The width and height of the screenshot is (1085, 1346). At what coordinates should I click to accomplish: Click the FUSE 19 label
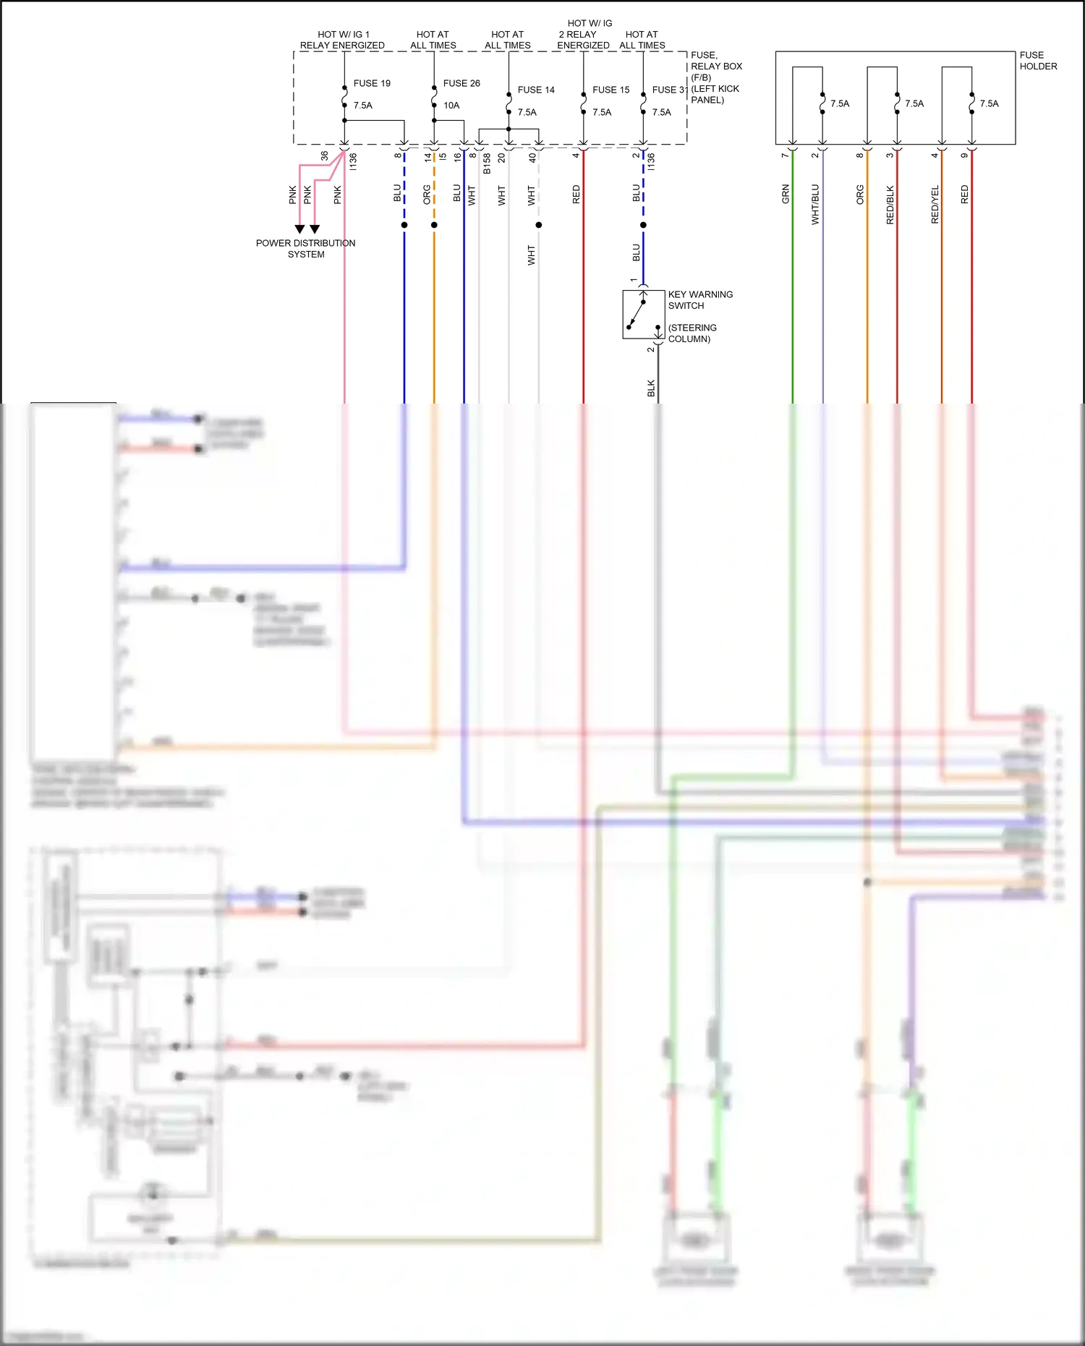tap(372, 83)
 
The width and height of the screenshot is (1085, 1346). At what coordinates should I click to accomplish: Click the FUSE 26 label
tap(461, 83)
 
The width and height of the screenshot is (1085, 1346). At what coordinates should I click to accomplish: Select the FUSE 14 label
tap(536, 90)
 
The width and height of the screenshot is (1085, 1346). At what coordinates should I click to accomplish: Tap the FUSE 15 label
tap(610, 90)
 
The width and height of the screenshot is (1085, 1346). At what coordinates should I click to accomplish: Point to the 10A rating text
tap(451, 106)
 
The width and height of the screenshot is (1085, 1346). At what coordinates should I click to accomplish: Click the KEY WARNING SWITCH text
tap(700, 300)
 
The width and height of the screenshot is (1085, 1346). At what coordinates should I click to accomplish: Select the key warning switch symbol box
tap(644, 315)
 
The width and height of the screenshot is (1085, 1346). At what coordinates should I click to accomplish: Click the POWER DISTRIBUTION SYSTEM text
tap(305, 249)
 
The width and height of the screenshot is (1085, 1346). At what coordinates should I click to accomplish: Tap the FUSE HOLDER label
tap(1038, 61)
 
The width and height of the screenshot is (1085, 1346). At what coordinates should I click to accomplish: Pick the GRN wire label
tap(786, 194)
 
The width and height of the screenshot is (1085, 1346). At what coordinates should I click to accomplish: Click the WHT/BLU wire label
tap(815, 204)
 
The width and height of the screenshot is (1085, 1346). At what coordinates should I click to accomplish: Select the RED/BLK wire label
tap(890, 205)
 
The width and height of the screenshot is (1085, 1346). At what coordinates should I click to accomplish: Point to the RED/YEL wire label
tap(935, 204)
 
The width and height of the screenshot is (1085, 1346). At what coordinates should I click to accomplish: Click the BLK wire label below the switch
tap(651, 388)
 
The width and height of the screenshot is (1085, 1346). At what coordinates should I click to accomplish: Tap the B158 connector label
tap(488, 163)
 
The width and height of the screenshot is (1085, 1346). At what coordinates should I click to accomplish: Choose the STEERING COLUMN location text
tap(692, 333)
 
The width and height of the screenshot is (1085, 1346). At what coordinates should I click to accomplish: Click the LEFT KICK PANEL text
tap(715, 94)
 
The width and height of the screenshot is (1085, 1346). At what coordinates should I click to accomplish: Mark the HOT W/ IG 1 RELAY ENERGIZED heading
tap(342, 40)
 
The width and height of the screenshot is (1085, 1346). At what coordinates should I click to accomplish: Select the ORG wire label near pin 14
tap(427, 194)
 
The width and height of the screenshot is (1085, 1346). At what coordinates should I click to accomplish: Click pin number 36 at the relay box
tap(325, 156)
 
